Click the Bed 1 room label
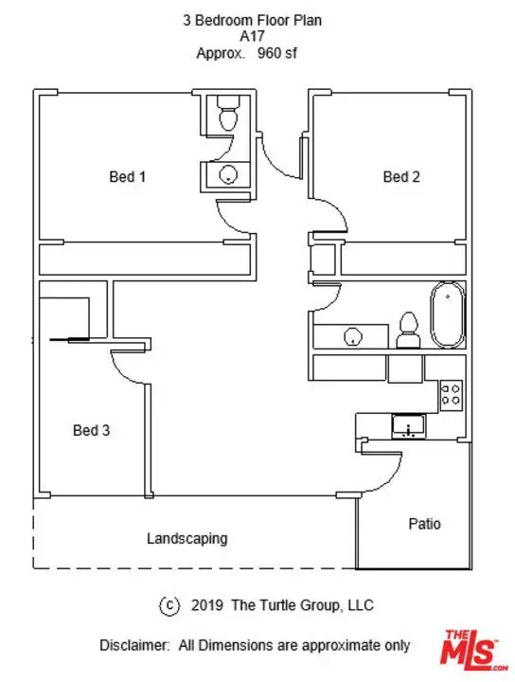128,176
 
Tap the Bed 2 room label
401,176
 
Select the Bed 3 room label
91,430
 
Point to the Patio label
424,524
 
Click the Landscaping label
186,538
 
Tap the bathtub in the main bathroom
447,314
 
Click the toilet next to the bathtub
409,331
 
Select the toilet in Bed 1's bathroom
228,113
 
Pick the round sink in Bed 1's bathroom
228,175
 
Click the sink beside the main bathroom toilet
352,336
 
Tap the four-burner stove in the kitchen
452,395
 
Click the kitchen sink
409,426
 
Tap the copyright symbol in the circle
169,605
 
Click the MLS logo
474,651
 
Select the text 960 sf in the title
277,53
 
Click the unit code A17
252,36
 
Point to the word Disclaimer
134,645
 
